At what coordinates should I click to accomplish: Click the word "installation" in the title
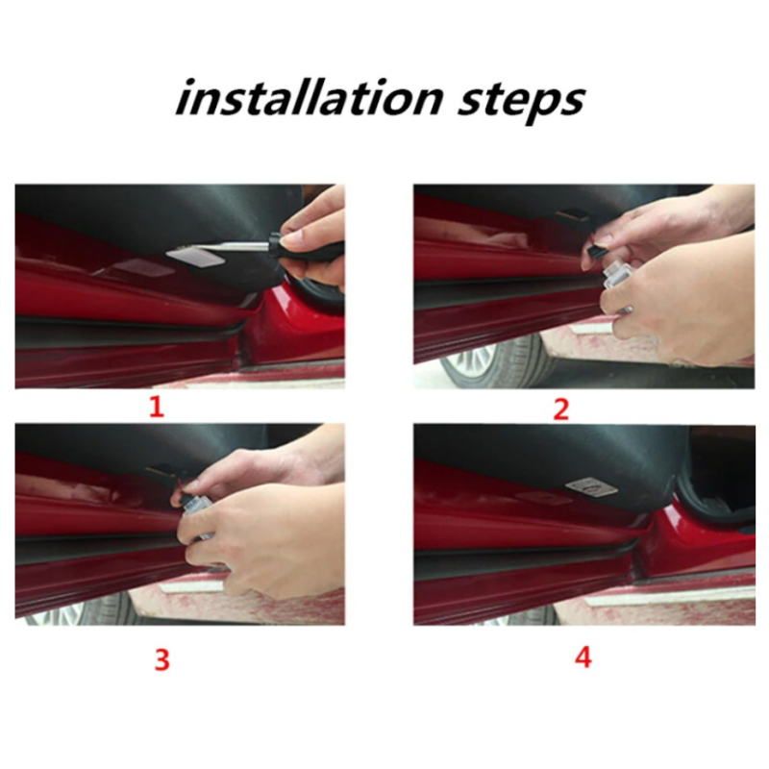(310, 98)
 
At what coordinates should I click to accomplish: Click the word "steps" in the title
(521, 101)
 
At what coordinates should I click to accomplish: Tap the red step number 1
(157, 407)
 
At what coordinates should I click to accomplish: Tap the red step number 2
(561, 409)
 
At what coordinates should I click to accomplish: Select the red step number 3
(161, 659)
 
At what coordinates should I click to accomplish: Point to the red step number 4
(583, 657)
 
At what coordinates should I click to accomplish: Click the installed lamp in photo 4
(592, 487)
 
